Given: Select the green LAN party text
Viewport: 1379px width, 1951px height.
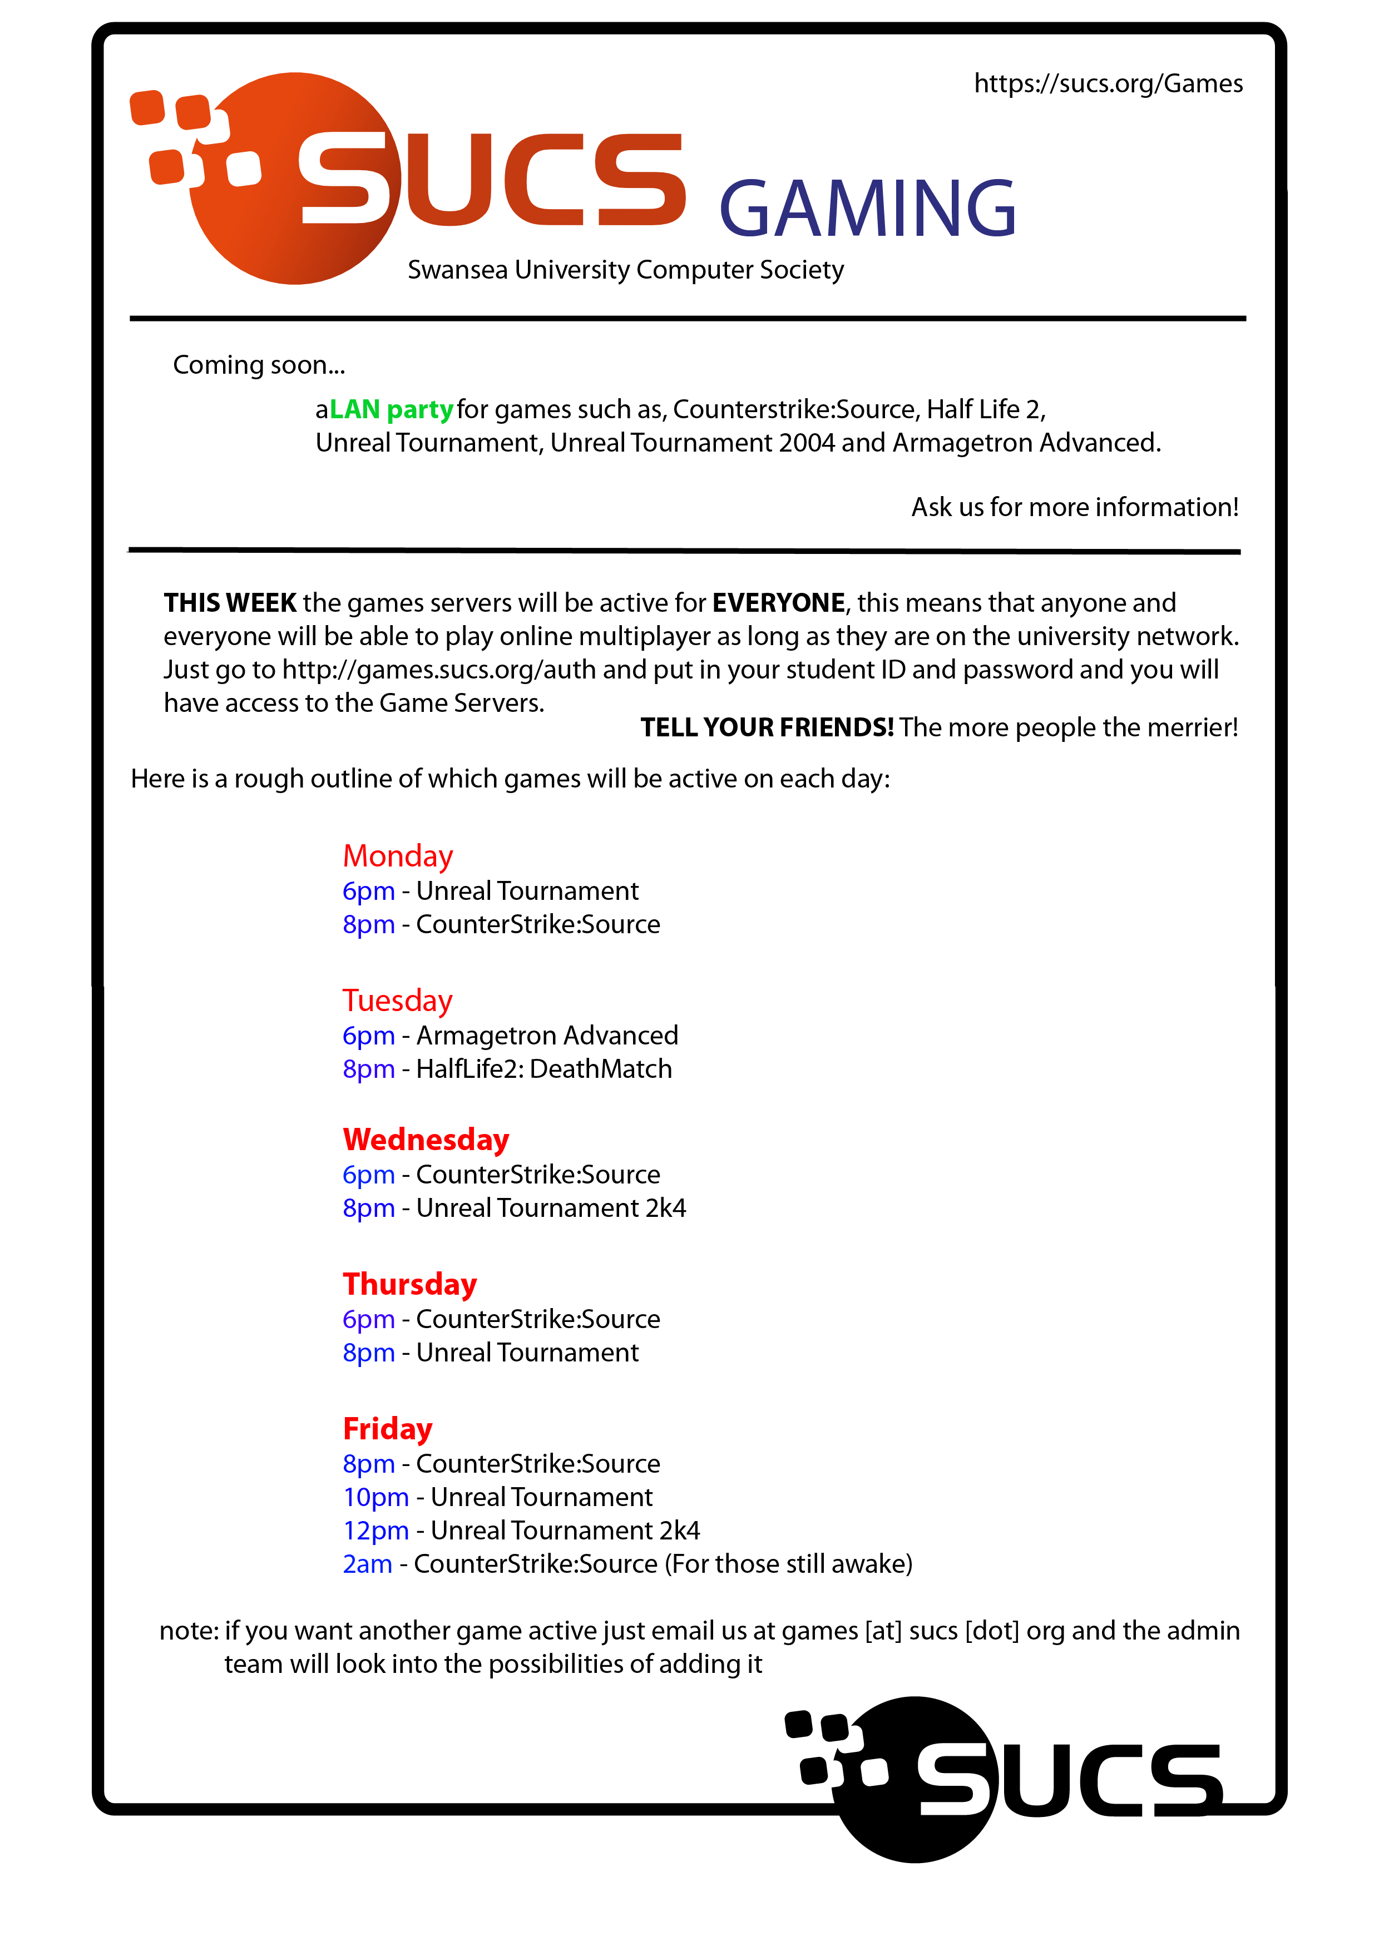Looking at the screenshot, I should pos(391,409).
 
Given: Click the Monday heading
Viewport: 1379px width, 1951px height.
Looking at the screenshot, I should pos(398,856).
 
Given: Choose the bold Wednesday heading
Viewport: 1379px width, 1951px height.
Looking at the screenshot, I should pos(426,1140).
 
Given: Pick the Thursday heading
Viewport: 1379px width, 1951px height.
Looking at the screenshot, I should pos(409,1284).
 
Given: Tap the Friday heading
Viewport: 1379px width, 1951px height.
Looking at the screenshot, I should pos(388,1428).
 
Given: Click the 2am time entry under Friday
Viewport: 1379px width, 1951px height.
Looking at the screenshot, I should pos(367,1563).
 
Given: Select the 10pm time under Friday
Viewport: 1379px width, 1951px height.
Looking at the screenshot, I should pos(375,1497).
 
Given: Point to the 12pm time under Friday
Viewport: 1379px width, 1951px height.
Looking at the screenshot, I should pos(375,1531).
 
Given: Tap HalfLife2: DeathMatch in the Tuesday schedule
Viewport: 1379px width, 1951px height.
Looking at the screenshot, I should pos(544,1069).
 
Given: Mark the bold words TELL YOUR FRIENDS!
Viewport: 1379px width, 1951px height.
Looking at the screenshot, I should pos(767,727).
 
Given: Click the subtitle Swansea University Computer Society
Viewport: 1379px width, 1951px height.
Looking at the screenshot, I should pos(625,270).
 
